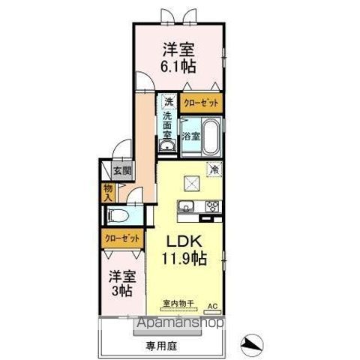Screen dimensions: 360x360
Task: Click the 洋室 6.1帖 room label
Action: (x=178, y=56)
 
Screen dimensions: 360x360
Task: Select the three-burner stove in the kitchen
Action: (x=210, y=207)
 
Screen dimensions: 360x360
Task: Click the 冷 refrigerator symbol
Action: (x=214, y=169)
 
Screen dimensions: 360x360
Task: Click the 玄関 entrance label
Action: (x=122, y=170)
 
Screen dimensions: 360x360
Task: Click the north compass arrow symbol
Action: (x=251, y=344)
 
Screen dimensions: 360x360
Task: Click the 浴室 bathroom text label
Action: (x=190, y=136)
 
